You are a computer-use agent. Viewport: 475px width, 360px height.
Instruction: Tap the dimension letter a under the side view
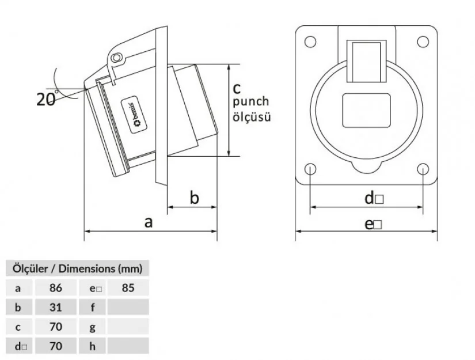pos(149,222)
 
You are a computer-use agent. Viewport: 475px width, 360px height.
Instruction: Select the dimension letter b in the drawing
pos(195,198)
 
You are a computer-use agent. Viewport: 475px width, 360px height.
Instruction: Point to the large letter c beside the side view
pos(237,88)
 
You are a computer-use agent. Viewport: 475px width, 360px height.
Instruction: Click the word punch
pos(250,102)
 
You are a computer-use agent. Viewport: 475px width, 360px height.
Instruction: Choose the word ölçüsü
pos(251,116)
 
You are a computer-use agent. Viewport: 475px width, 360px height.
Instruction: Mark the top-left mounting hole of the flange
pos(310,41)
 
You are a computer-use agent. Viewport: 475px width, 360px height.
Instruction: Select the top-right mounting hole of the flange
pos(423,41)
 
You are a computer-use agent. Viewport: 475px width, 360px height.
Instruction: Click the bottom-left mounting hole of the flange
pos(310,169)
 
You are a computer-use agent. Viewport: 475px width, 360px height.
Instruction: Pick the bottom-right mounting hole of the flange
pos(423,169)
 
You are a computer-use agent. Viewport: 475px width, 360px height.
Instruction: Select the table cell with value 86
pos(56,287)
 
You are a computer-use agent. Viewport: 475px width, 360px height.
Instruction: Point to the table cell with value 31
pos(56,307)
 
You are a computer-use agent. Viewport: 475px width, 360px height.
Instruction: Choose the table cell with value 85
pos(128,287)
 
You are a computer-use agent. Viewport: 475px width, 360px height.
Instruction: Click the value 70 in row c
pos(56,327)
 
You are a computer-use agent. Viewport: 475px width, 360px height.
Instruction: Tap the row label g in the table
pos(93,327)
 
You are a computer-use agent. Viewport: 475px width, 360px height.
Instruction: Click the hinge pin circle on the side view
pos(117,59)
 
